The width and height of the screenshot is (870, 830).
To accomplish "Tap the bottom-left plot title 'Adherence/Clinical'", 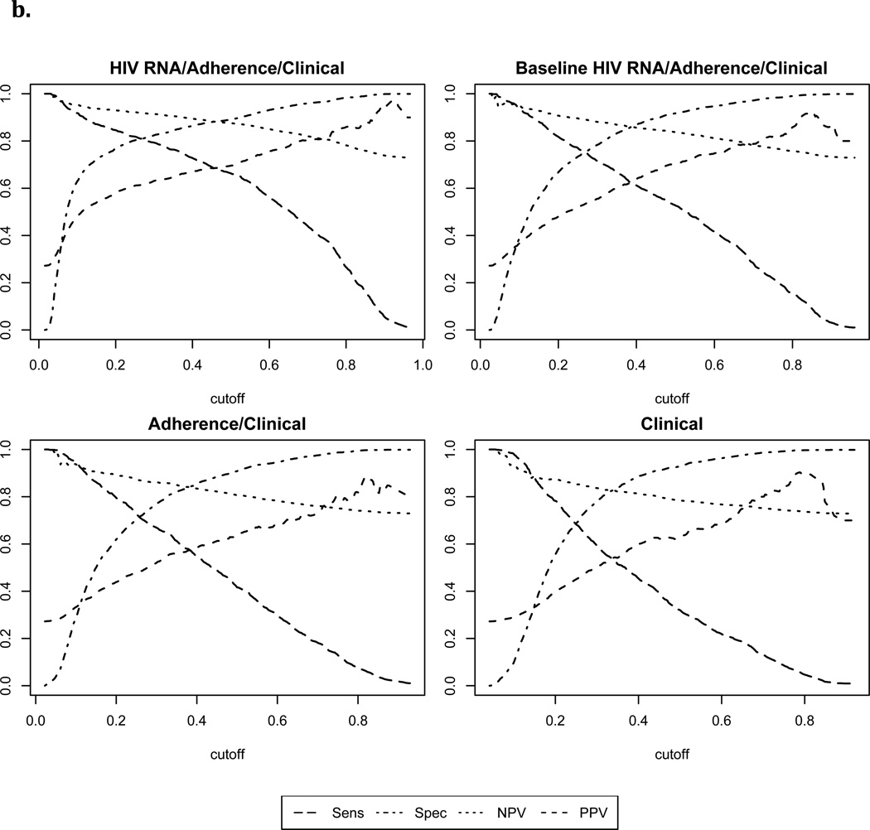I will point(226,423).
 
